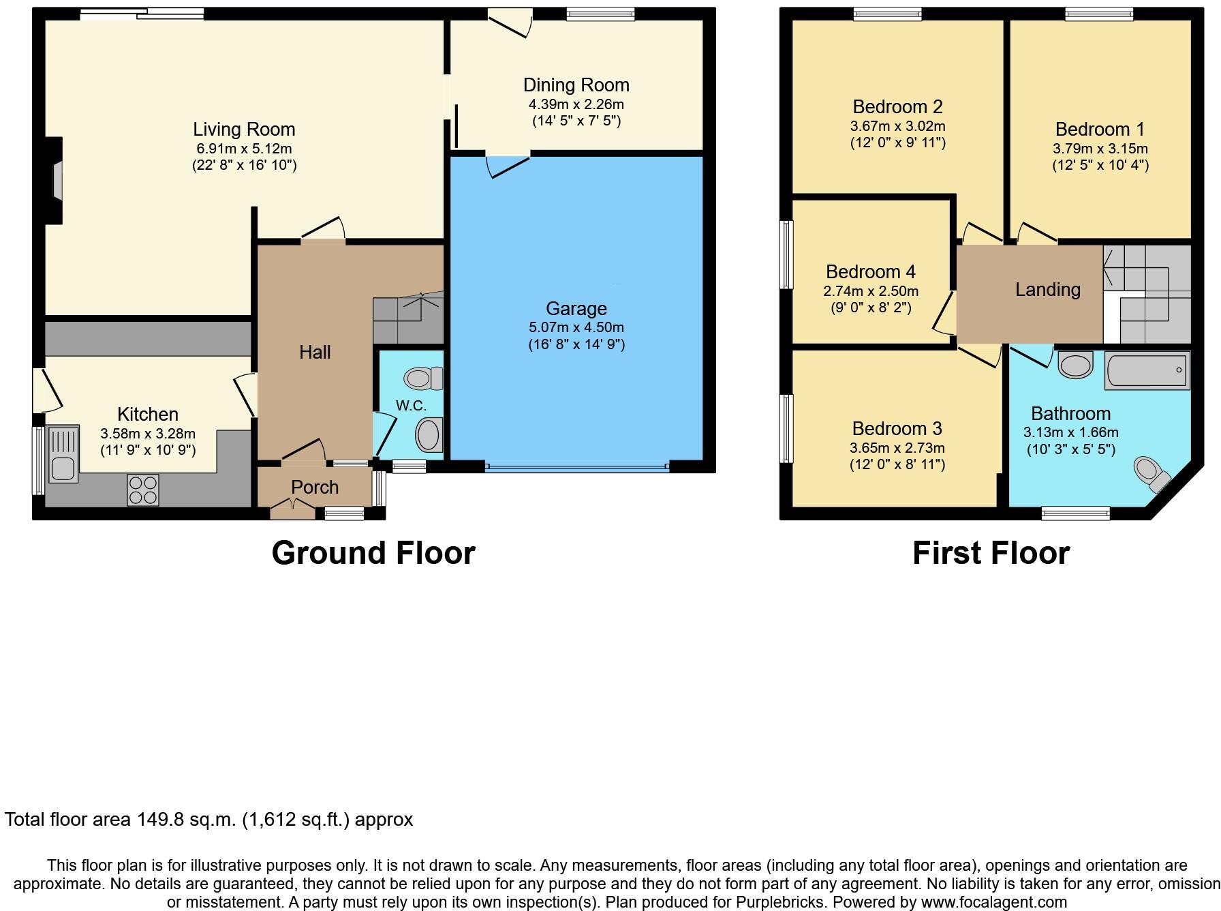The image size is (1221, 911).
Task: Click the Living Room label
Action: tap(244, 129)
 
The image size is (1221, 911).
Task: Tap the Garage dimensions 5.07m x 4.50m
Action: tap(576, 327)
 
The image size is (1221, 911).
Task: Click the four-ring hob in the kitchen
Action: tap(143, 490)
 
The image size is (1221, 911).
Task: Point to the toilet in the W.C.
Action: tap(423, 378)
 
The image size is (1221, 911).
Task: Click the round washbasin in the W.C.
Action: tap(429, 435)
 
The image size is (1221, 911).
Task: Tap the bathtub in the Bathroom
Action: tap(1147, 371)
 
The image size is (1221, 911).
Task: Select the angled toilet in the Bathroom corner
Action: tap(1152, 475)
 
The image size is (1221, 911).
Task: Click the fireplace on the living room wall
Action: tap(56, 181)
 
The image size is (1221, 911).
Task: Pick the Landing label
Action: tap(1047, 290)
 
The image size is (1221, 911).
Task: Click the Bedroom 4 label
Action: tap(870, 271)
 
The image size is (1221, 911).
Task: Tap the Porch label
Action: tap(315, 488)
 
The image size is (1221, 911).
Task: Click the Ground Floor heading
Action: tap(373, 552)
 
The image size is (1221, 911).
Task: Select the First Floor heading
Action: tap(991, 552)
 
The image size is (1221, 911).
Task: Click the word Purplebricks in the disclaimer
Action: tap(780, 902)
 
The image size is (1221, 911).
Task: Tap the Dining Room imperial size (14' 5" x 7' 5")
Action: tap(576, 121)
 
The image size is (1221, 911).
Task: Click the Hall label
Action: tap(315, 352)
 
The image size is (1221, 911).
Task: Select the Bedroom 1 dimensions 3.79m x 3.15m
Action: tap(1100, 149)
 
